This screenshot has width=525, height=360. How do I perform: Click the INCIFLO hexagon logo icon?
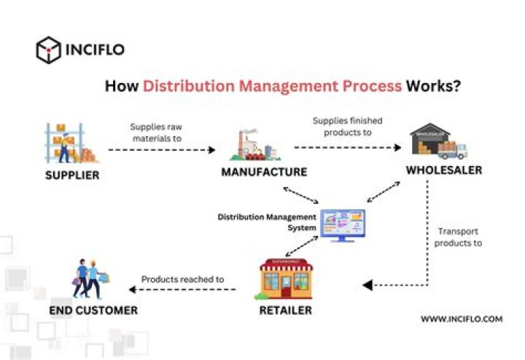point(48,50)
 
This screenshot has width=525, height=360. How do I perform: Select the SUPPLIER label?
point(72,175)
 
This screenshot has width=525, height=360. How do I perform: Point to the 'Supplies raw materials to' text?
point(155,131)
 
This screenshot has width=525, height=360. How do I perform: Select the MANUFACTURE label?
point(264,173)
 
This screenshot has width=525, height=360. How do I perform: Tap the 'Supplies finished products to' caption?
point(347,126)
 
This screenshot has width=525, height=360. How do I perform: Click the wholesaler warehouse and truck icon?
point(437,141)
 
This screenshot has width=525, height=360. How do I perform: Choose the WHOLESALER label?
point(443,171)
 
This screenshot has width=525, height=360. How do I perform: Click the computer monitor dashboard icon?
point(342,224)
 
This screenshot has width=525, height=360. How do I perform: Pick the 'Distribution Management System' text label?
point(268,222)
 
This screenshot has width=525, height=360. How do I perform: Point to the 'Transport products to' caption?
point(458,238)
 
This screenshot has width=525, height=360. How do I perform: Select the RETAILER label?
point(285,310)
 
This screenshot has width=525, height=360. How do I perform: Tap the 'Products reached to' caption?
point(182,279)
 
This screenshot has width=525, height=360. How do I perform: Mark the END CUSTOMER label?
point(93,310)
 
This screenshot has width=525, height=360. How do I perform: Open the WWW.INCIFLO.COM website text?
point(461,319)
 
